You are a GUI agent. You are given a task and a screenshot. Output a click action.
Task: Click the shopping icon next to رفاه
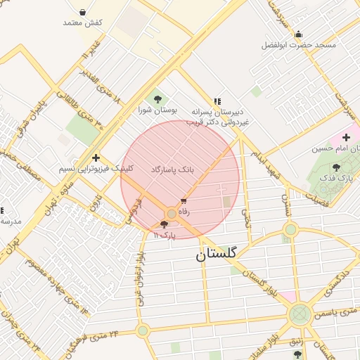(184, 201)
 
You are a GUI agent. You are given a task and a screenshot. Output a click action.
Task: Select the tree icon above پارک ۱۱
(165, 225)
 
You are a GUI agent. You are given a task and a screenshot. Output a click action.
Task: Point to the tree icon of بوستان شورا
(157, 99)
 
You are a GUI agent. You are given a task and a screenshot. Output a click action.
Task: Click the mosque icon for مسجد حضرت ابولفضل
(298, 34)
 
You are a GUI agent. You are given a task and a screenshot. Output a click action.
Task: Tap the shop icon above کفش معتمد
(83, 12)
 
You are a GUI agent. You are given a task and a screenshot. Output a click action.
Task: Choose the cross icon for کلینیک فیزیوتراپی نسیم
(96, 157)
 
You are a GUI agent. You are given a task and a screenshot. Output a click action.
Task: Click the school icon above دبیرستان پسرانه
(217, 101)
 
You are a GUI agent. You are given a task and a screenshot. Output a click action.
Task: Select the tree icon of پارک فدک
(336, 167)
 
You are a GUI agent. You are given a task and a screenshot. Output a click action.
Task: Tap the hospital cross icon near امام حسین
(346, 137)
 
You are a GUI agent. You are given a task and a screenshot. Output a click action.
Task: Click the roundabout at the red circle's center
(172, 213)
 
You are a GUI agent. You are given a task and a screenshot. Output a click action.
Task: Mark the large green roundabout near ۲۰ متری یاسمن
(300, 314)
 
